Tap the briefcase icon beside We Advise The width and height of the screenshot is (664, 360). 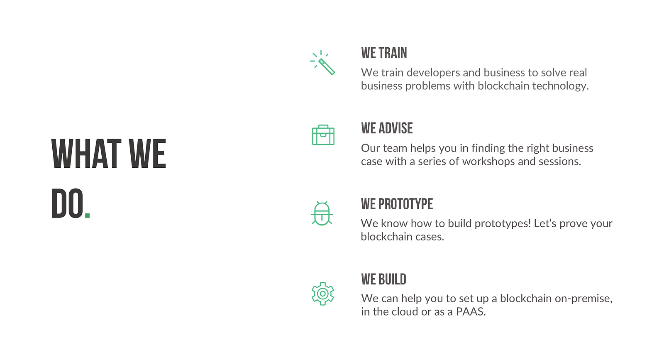pos(323,135)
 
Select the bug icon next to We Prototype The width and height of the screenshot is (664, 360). pos(322,213)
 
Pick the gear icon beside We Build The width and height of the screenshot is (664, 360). pos(323,294)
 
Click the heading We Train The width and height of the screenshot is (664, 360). pos(384,53)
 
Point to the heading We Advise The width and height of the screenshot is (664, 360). pos(387,128)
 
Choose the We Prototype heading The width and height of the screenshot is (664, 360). pos(397,204)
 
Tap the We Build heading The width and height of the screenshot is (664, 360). pos(383,279)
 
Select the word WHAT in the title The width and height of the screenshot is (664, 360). pos(86,154)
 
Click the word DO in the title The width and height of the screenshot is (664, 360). pos(67,203)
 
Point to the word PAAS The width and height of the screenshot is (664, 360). pos(471,312)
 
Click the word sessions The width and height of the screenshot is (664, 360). pos(560,162)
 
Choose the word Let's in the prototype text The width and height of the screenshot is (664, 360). pos(545,223)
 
